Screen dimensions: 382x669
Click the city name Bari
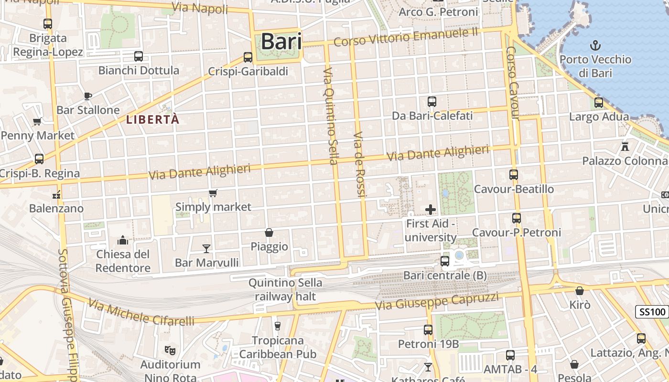click(281, 42)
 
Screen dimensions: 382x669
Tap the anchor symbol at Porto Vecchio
click(595, 46)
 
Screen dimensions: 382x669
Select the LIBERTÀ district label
click(153, 119)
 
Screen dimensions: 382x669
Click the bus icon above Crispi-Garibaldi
click(248, 57)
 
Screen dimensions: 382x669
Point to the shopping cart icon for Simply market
click(213, 193)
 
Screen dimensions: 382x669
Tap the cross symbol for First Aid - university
click(431, 209)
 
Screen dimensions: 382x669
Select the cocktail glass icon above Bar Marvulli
click(206, 248)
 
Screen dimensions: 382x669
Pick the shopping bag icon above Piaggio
click(269, 233)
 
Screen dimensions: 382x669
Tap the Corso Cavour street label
click(513, 83)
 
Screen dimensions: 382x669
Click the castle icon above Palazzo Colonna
click(625, 146)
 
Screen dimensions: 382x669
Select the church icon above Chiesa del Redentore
click(123, 240)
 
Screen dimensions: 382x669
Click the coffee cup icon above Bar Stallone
click(88, 96)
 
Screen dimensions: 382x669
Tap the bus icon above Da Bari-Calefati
click(432, 102)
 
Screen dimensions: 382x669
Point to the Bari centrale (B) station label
click(445, 276)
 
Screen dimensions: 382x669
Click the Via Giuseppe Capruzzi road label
click(437, 301)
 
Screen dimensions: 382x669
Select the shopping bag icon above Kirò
click(580, 291)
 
